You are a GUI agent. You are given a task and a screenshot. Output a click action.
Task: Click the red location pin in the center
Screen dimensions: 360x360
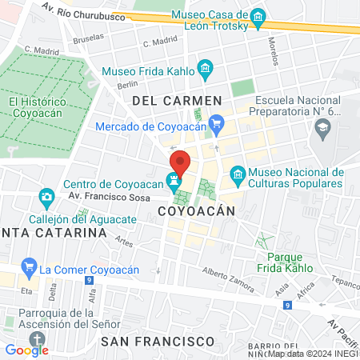(x=180, y=162)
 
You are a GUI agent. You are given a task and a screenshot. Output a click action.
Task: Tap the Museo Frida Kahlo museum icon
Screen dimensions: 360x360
(x=205, y=70)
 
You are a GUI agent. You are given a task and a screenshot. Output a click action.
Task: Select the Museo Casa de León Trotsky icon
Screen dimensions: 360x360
(x=258, y=17)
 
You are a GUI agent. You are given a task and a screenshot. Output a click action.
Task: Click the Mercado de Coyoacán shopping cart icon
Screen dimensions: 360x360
(x=214, y=123)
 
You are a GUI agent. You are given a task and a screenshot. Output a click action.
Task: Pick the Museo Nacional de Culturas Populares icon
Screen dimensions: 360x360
(x=237, y=174)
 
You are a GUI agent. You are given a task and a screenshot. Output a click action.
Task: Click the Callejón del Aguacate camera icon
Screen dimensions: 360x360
(x=46, y=196)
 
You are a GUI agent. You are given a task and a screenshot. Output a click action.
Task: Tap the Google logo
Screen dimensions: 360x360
(x=26, y=350)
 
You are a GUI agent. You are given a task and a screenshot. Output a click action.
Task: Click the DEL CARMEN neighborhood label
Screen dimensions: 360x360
(x=176, y=100)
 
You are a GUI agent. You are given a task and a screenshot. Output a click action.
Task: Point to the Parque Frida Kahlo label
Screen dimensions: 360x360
(x=284, y=262)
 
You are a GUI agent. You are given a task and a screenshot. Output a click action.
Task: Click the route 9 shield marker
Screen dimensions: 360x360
(x=287, y=305)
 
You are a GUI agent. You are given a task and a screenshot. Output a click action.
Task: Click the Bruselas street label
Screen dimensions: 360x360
(x=88, y=37)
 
